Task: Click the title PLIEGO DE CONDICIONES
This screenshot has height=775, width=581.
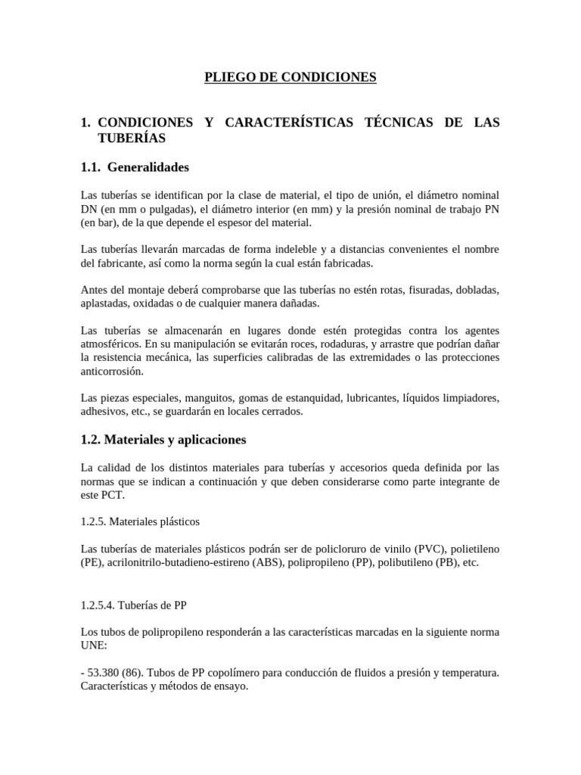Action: [290, 77]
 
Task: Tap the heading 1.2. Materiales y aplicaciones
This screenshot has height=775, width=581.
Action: [163, 439]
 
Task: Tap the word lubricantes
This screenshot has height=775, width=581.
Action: [367, 397]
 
